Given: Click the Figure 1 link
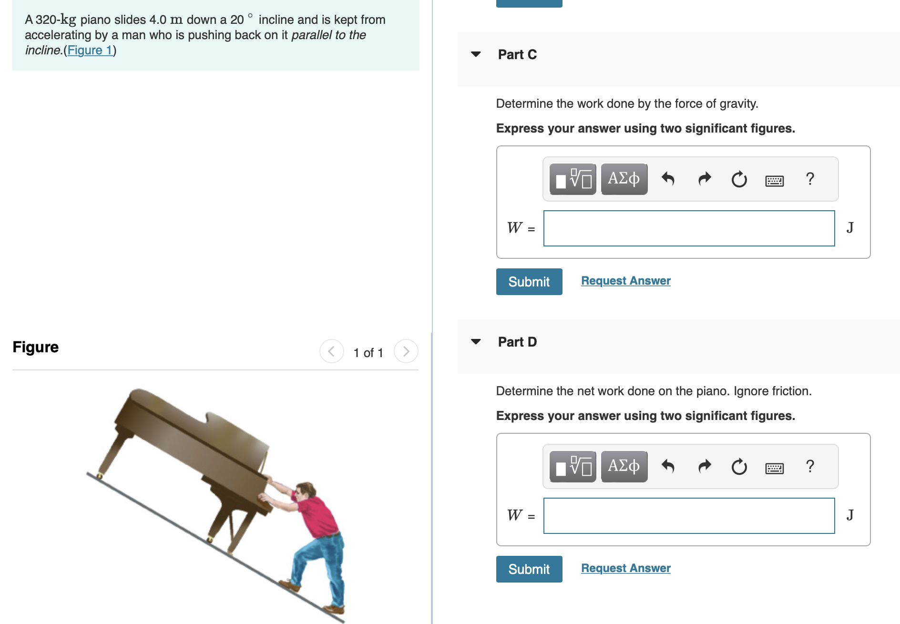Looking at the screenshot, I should [90, 50].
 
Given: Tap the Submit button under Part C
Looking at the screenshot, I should [529, 282].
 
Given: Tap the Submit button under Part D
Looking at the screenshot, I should [529, 569].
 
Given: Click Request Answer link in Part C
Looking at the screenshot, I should [625, 281].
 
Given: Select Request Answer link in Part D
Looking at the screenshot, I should [625, 568].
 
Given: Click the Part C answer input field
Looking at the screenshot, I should [689, 228].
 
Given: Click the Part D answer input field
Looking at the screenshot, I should [689, 516].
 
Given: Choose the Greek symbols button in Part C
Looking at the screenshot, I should [624, 179].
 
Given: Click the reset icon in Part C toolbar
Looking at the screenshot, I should [739, 179].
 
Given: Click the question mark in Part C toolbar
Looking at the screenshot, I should [810, 179].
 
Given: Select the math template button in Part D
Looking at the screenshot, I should [573, 466].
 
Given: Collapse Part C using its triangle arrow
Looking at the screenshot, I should [476, 54].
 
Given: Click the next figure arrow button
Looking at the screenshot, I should [406, 351].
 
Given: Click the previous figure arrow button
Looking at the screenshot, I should [332, 351].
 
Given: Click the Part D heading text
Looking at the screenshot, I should [517, 342].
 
